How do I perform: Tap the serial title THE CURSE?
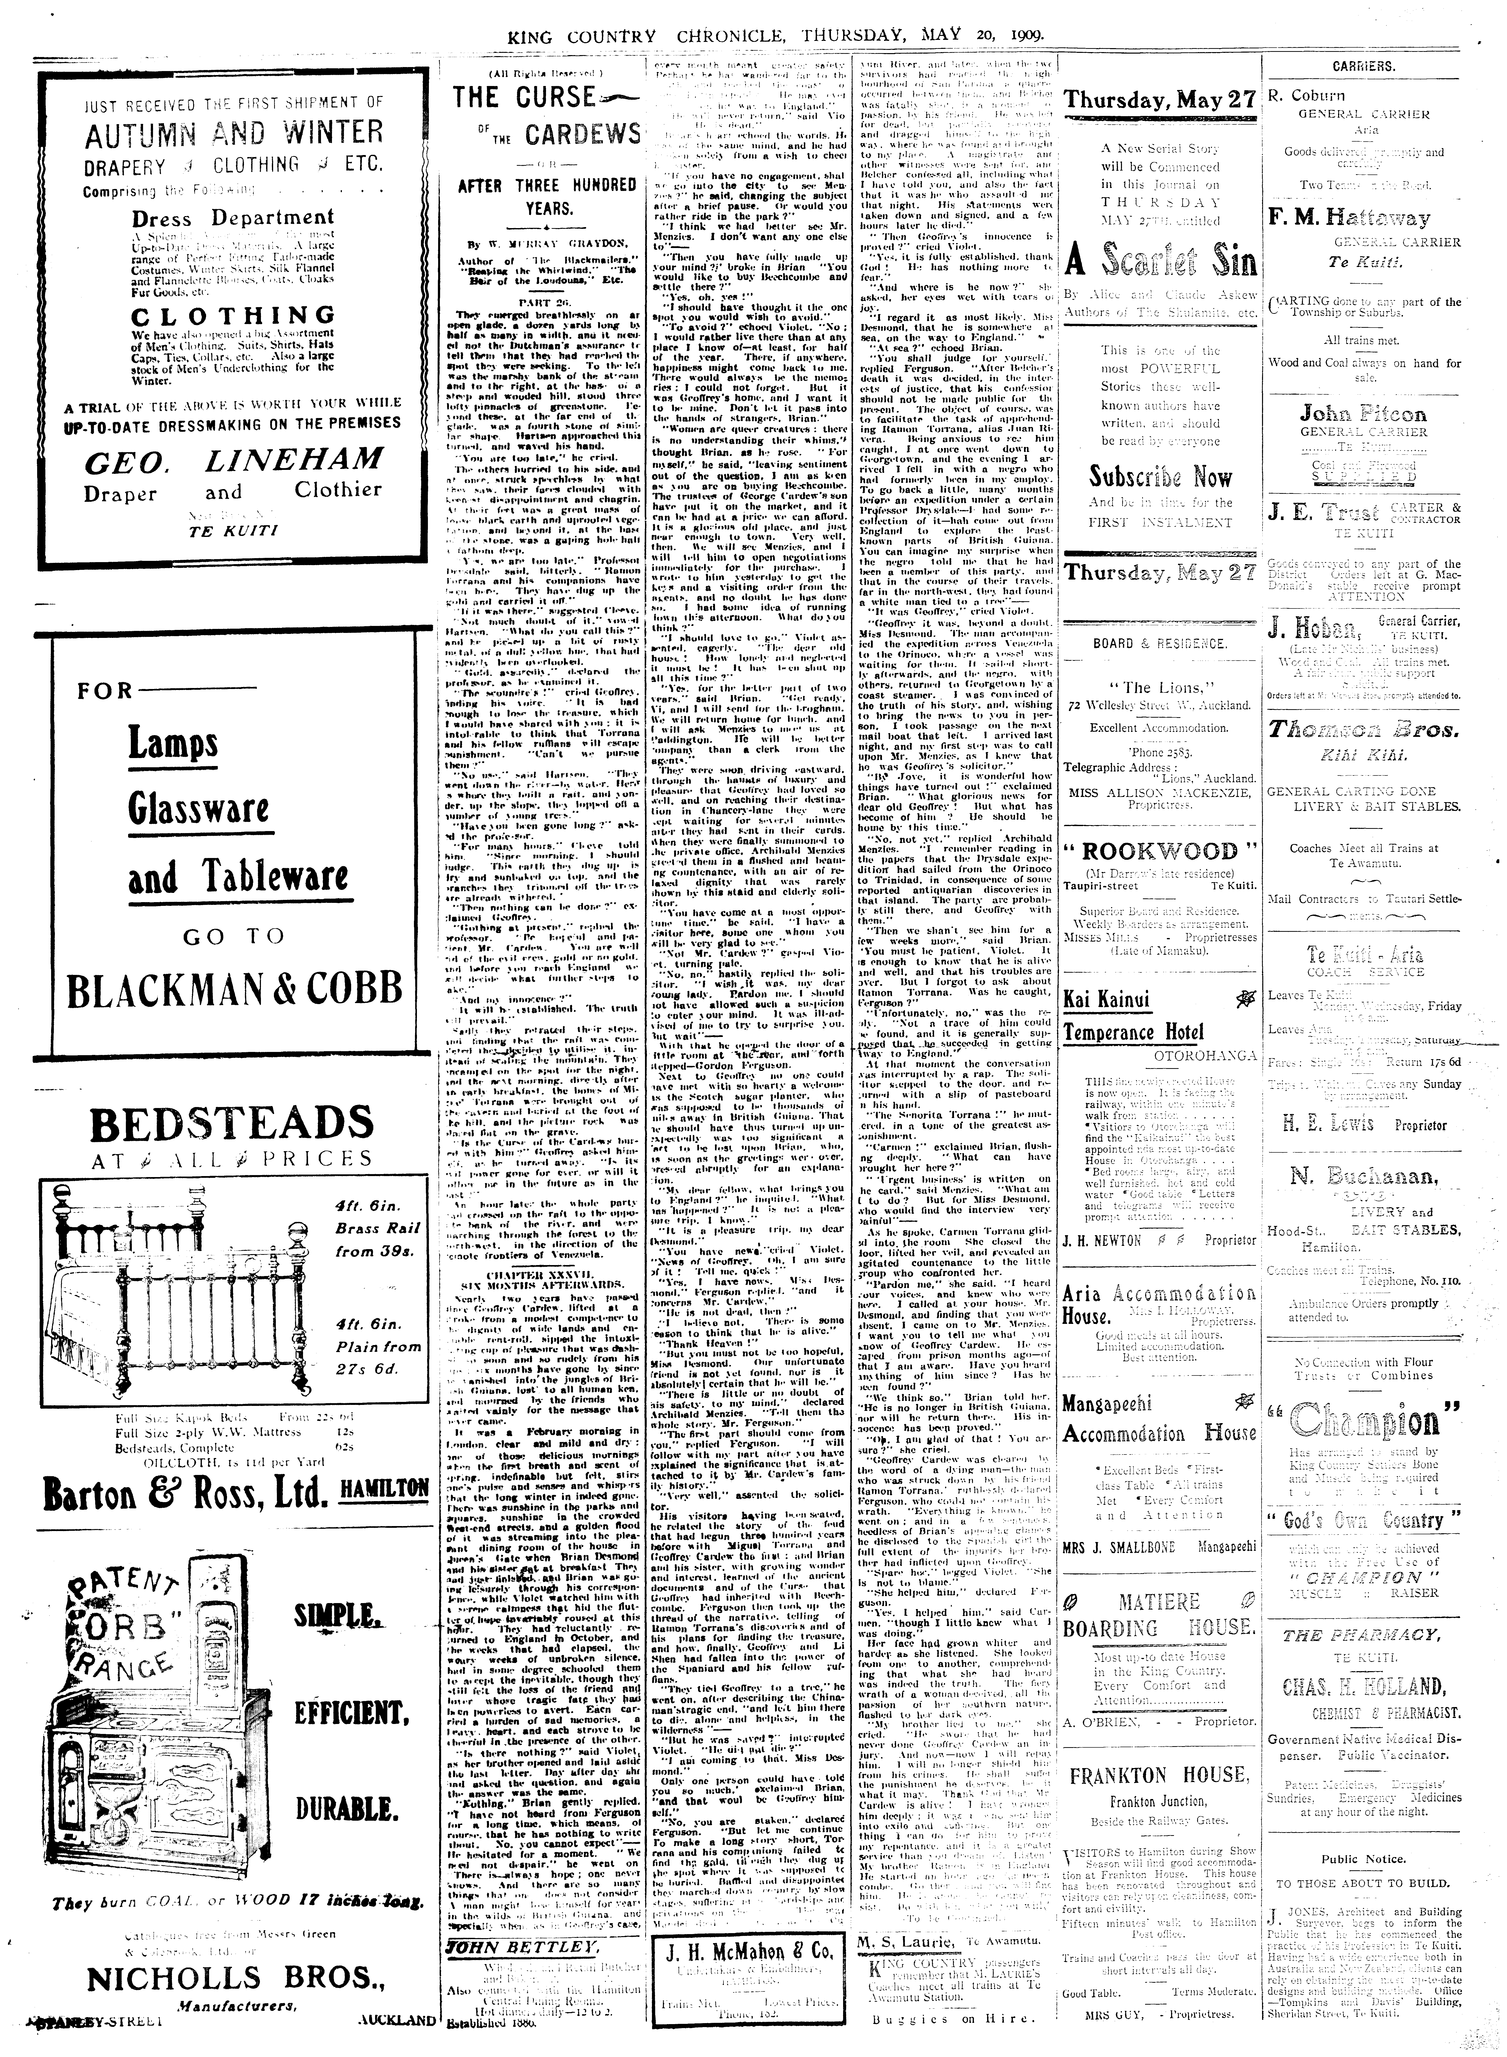pos(524,98)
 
